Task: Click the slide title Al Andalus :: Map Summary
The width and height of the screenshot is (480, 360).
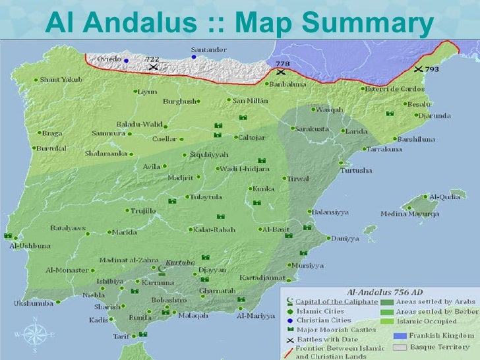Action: click(x=239, y=24)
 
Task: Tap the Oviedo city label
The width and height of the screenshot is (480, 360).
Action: click(x=109, y=59)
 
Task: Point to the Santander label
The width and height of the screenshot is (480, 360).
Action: click(x=209, y=49)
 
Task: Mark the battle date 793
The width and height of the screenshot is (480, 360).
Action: click(x=432, y=69)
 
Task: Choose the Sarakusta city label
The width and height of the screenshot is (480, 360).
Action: click(x=312, y=129)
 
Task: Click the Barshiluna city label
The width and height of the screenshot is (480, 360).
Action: click(x=415, y=139)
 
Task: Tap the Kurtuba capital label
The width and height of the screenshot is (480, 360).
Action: click(x=181, y=262)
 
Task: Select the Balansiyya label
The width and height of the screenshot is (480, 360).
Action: click(x=330, y=212)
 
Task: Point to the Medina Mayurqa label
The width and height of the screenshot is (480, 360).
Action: click(x=409, y=214)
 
